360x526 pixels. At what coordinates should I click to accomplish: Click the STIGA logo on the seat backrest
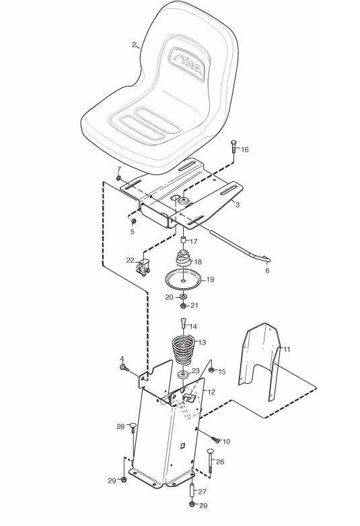pos(188,63)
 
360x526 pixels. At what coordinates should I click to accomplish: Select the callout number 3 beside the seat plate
pos(238,205)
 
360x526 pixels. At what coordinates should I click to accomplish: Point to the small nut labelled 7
pos(119,177)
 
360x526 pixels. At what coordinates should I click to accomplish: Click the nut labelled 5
pos(133,221)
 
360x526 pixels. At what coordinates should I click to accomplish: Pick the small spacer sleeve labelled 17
pos(183,240)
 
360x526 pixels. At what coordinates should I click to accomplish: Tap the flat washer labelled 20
pos(183,297)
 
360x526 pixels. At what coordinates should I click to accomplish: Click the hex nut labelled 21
pos(183,305)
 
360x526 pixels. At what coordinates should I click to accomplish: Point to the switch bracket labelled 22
pos(143,267)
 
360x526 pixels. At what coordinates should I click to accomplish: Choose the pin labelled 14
pos(183,324)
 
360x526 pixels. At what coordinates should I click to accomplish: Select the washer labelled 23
pos(183,374)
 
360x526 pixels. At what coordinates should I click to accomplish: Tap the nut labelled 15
pos(211,370)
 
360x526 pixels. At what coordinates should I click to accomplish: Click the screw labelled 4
pos(124,368)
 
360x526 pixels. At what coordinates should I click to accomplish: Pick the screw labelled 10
pos(215,438)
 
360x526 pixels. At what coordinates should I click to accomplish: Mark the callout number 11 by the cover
pos(287,350)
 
